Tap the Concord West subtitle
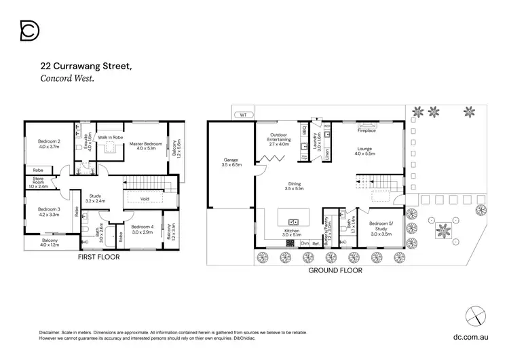(x=67, y=79)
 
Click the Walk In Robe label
(x=110, y=138)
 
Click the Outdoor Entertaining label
(x=279, y=139)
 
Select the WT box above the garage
(x=243, y=115)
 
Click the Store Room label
(x=38, y=183)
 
